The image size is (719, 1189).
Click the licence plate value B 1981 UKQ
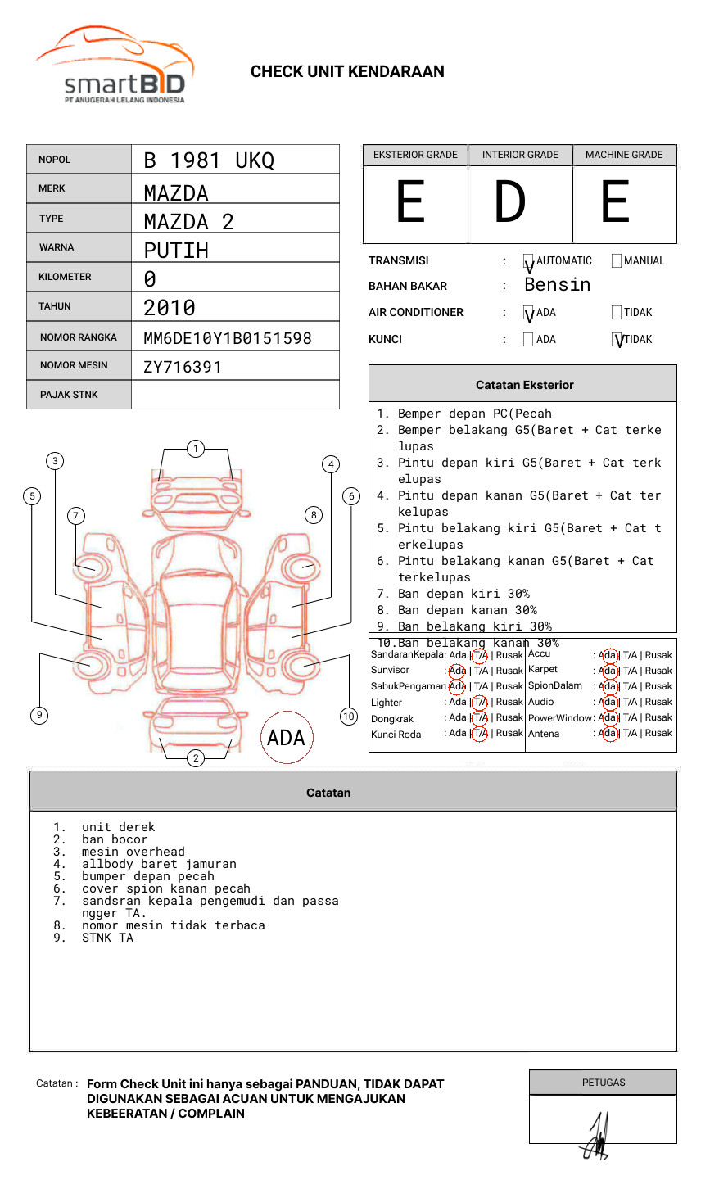pos(209,160)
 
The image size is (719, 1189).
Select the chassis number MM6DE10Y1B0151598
pos(227,338)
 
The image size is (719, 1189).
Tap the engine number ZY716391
pos(183,367)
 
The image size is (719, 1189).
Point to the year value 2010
pos(170,308)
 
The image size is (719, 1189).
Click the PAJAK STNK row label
pos(69,395)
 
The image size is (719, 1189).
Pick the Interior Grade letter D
pos(509,202)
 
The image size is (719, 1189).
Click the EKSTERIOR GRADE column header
pos(415,155)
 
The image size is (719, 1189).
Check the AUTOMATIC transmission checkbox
pos(529,261)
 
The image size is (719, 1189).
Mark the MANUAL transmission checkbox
pos(617,261)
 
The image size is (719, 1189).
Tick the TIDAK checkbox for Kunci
pos(617,340)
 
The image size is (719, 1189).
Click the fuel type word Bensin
pos(557,285)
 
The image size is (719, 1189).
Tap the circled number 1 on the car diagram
pos(195,449)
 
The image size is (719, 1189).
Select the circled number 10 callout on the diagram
pos(349,717)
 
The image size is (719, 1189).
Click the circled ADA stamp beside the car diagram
pos(287,737)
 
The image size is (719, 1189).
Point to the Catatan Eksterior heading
pos(524,385)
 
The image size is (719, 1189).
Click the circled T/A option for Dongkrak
pos(480,718)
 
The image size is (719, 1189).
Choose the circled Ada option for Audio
pos(608,702)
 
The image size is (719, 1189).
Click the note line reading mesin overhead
pos(133,852)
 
